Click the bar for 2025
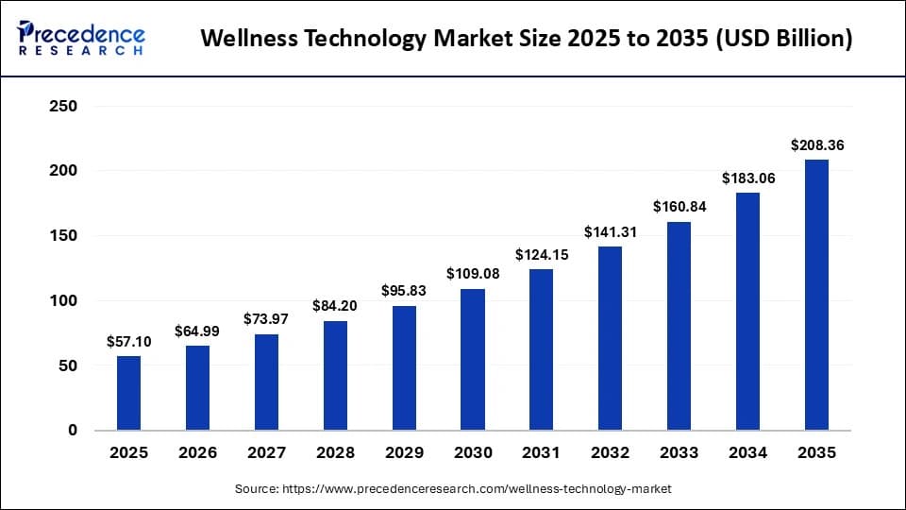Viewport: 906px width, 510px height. click(x=128, y=393)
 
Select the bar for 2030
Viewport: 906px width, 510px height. click(x=473, y=360)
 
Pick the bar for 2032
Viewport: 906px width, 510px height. click(x=611, y=338)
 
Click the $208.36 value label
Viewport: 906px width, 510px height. click(x=817, y=145)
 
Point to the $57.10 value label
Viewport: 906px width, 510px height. click(x=129, y=341)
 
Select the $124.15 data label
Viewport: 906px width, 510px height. click(x=542, y=254)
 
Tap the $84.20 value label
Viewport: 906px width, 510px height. click(x=335, y=306)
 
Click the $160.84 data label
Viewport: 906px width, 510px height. click(x=679, y=207)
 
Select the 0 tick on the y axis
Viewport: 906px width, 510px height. click(x=72, y=431)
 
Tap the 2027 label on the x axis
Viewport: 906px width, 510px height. click(x=266, y=453)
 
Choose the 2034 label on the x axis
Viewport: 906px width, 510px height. click(x=748, y=453)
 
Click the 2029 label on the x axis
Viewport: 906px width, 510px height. click(x=404, y=453)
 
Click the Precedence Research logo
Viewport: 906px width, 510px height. click(x=81, y=39)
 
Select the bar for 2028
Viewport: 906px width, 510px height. click(x=335, y=376)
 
